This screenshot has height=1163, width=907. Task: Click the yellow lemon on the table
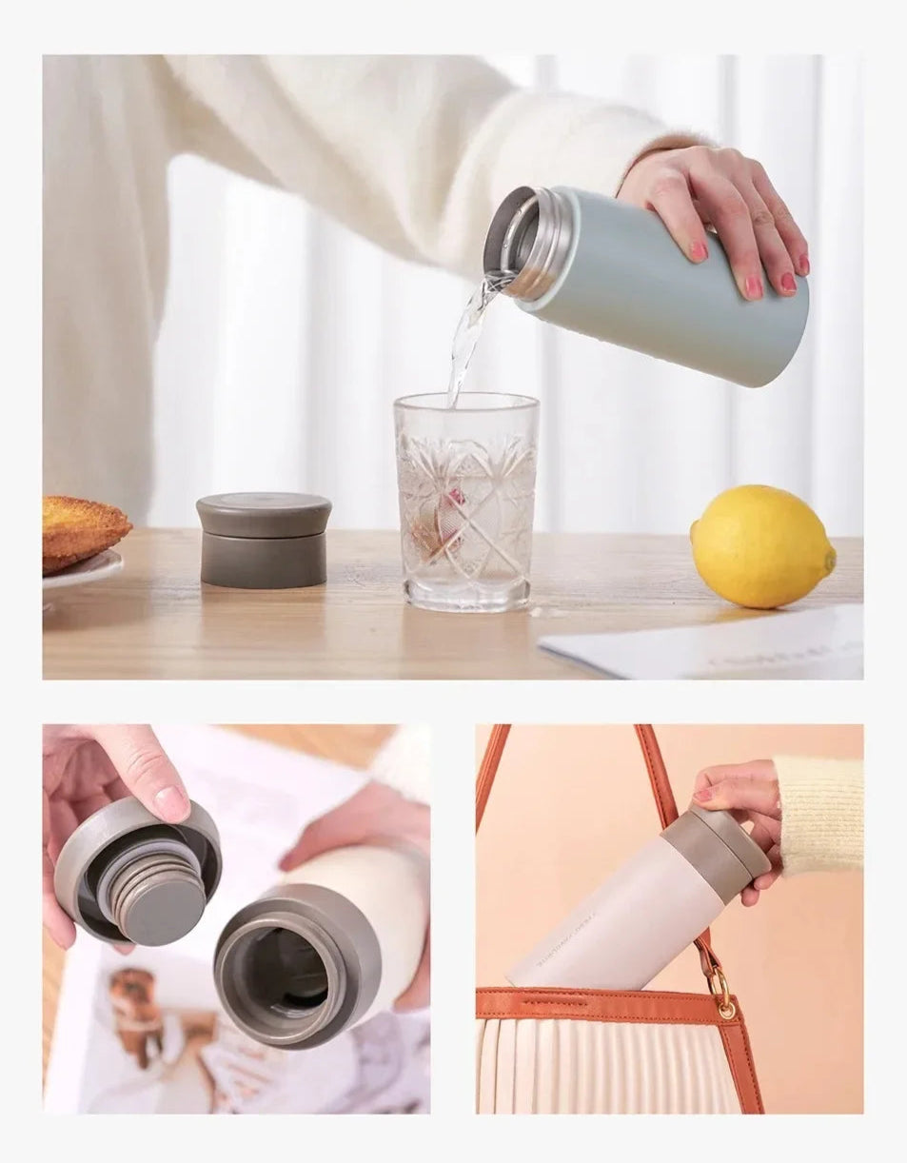click(x=761, y=546)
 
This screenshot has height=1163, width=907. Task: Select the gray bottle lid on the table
click(x=264, y=540)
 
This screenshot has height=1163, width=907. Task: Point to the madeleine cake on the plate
click(x=82, y=529)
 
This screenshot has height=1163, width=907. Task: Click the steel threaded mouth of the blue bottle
click(x=528, y=243)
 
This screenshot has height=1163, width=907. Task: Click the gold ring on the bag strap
click(x=721, y=995)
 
